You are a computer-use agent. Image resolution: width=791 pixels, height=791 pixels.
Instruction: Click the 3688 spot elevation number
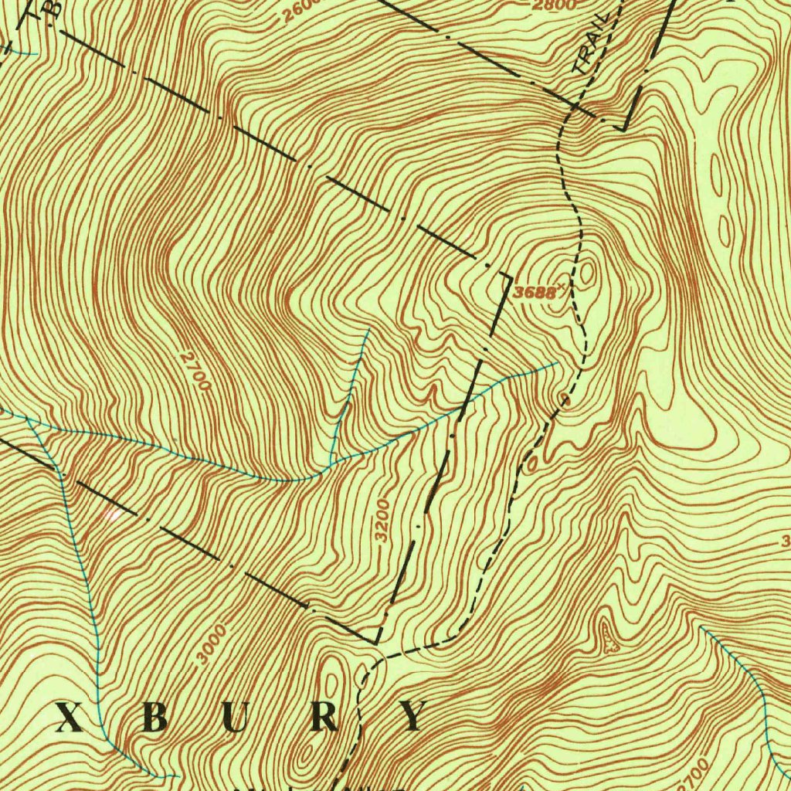pyautogui.click(x=534, y=293)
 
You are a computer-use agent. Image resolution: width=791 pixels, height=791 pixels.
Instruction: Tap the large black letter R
pyautogui.click(x=326, y=718)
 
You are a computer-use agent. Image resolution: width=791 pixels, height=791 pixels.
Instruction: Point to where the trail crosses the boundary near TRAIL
pyautogui.click(x=572, y=109)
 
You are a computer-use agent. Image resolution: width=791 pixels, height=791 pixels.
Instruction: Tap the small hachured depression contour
pyautogui.click(x=613, y=643)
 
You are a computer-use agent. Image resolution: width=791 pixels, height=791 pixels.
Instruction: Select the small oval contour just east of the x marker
pyautogui.click(x=589, y=272)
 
